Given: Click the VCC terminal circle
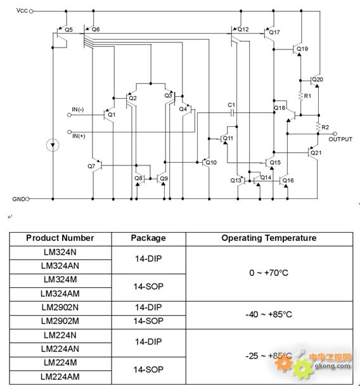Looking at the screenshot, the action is [x=31, y=11].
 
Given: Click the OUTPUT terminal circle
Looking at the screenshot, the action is [x=335, y=134].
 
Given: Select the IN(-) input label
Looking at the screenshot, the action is [x=78, y=109].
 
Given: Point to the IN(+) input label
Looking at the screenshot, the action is [x=79, y=136].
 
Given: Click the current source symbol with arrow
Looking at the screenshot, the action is [x=53, y=145].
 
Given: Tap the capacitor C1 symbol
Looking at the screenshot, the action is [x=232, y=113].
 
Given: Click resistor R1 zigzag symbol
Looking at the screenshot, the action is [x=300, y=96].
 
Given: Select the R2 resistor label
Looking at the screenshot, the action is [x=325, y=127].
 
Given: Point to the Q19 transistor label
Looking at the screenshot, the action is [x=302, y=49].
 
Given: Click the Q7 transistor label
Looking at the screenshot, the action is [x=91, y=166].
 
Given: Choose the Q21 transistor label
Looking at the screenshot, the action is [x=316, y=153].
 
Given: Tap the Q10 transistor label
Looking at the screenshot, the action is [x=211, y=162].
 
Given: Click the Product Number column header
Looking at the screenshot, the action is [x=60, y=238].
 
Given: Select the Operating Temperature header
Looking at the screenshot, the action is [x=269, y=238].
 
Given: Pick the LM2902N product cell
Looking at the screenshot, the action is [x=60, y=307].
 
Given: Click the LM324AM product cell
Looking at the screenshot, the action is [x=60, y=293].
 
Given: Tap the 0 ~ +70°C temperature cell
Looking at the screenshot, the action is [x=269, y=273].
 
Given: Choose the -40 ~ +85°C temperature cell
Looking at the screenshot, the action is [x=269, y=314].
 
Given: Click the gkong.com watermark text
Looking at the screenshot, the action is [x=333, y=366].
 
